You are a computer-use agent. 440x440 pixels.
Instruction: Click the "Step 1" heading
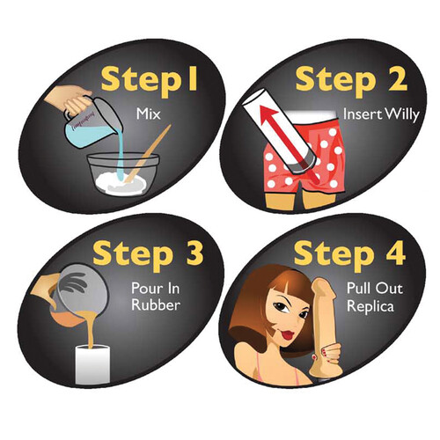[x=149, y=80]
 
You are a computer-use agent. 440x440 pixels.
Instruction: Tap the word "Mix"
[x=149, y=114]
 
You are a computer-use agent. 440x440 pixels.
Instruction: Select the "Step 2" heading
[x=351, y=80]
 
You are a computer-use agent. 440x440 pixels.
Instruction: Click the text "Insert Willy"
[x=381, y=114]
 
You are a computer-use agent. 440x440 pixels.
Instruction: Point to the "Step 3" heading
[x=148, y=254]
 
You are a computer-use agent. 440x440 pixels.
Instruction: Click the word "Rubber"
[x=156, y=305]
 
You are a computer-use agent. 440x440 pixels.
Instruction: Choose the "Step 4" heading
[x=349, y=254]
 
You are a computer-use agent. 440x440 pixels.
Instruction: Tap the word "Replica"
[x=370, y=306]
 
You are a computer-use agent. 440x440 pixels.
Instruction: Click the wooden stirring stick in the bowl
[x=148, y=153]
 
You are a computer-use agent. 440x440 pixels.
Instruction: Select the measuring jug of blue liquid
[x=92, y=123]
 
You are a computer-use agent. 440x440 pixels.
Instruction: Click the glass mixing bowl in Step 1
[x=123, y=174]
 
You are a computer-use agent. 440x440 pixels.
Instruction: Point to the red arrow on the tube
[x=288, y=143]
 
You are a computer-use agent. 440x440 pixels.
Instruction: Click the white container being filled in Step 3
[x=92, y=364]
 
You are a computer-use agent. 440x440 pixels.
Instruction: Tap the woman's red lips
[x=289, y=334]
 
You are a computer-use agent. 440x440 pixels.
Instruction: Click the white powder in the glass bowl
[x=121, y=183]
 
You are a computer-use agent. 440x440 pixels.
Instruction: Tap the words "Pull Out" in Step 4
[x=375, y=289]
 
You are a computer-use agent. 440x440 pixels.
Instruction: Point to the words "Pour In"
[x=155, y=289]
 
